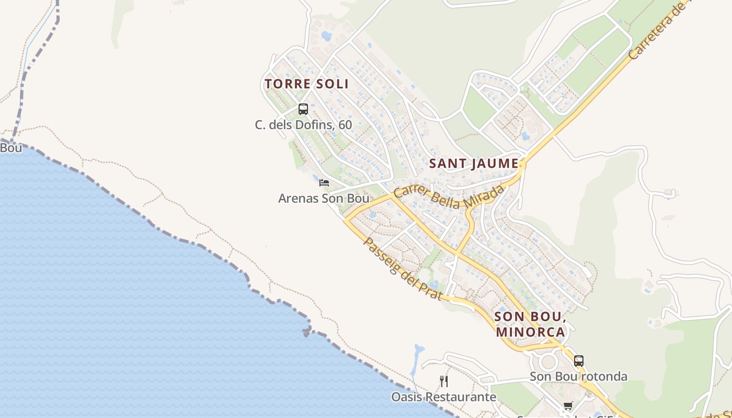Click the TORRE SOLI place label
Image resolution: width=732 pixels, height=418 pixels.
(306, 84)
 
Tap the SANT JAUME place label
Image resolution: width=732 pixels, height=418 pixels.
(474, 164)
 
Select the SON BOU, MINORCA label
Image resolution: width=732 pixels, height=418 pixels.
(530, 324)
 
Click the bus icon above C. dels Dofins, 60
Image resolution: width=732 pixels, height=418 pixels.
(303, 109)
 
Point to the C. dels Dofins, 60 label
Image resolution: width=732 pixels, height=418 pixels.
(303, 125)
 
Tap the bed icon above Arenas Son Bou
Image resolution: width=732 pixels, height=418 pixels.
(324, 182)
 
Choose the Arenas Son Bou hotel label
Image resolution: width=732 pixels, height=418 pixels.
(324, 199)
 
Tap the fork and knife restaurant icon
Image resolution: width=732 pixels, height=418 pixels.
(444, 381)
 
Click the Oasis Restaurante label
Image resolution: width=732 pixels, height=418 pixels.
(443, 397)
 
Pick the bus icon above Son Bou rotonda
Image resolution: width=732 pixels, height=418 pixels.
(578, 361)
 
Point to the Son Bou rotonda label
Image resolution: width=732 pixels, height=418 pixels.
(578, 376)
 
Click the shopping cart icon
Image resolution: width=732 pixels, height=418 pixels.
(568, 406)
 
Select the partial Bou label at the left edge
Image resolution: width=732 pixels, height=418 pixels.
(10, 148)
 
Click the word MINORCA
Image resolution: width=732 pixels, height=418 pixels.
(530, 332)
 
